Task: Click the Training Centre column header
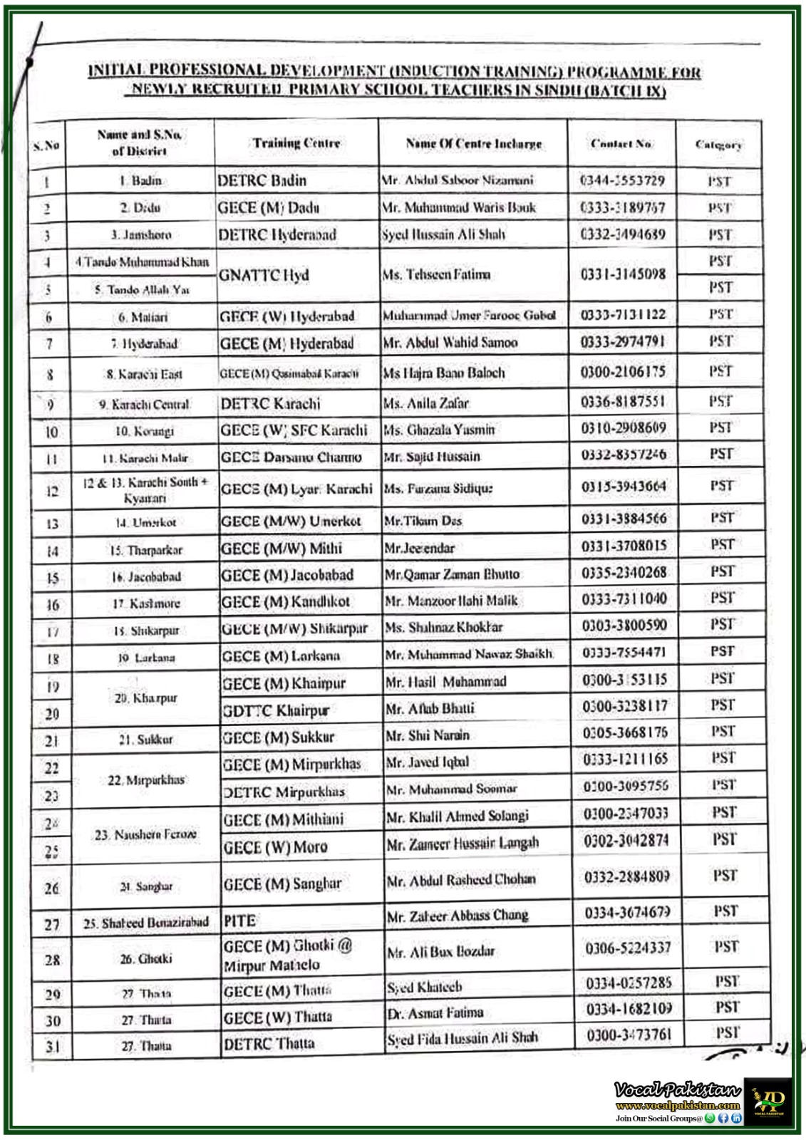pos(296,143)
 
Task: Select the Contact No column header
pos(621,144)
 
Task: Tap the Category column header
pos(718,145)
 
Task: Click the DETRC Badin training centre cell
pos(262,180)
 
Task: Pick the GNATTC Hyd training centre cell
pos(264,275)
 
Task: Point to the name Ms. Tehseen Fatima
pos(436,274)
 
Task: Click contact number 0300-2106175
pos(623,372)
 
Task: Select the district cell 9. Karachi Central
pos(144,405)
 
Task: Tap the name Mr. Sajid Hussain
pos(432,457)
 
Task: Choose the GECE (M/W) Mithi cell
pos(281,549)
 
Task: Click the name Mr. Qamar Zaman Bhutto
pos(452,574)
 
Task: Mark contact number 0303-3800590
pos(624,626)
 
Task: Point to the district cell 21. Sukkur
pos(145,740)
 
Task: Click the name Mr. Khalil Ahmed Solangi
pos(457,816)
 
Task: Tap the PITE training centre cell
pos(239,921)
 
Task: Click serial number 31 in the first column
pos(53,1047)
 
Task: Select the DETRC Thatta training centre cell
pos(269,1045)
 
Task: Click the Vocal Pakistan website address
pos(678,1106)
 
